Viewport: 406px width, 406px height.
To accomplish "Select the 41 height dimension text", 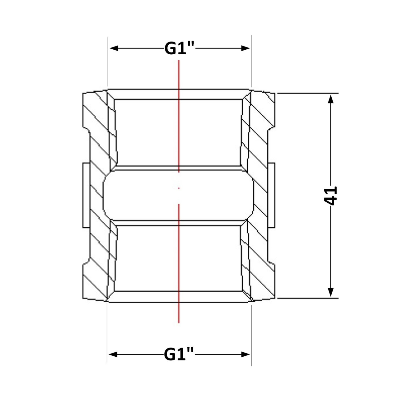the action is [x=330, y=196].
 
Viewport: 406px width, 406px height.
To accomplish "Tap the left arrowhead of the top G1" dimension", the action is [x=114, y=48].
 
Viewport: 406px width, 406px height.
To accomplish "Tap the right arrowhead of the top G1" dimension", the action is [x=245, y=48].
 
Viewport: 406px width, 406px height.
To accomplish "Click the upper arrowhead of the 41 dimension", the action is [x=331, y=99].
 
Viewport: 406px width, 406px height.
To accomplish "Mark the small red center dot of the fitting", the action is [x=179, y=188].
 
